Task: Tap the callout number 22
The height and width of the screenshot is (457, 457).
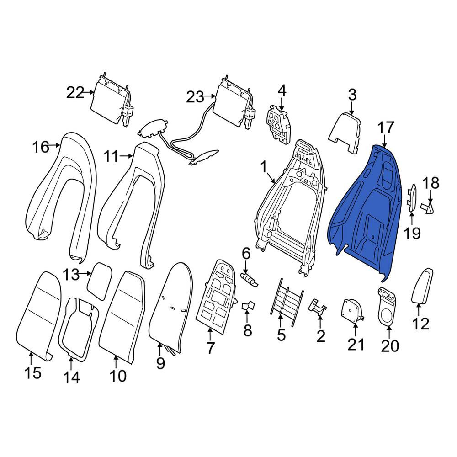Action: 75,93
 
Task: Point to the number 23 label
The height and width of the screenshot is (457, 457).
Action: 195,97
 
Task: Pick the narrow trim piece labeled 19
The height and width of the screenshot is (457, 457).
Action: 412,197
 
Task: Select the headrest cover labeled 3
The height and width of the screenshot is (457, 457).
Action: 345,133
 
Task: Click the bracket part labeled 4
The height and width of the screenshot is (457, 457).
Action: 278,125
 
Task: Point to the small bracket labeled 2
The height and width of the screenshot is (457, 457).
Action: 318,307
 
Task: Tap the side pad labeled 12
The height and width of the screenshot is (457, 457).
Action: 422,286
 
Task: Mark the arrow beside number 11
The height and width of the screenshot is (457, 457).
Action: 126,156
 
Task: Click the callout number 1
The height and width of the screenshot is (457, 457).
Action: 264,168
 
